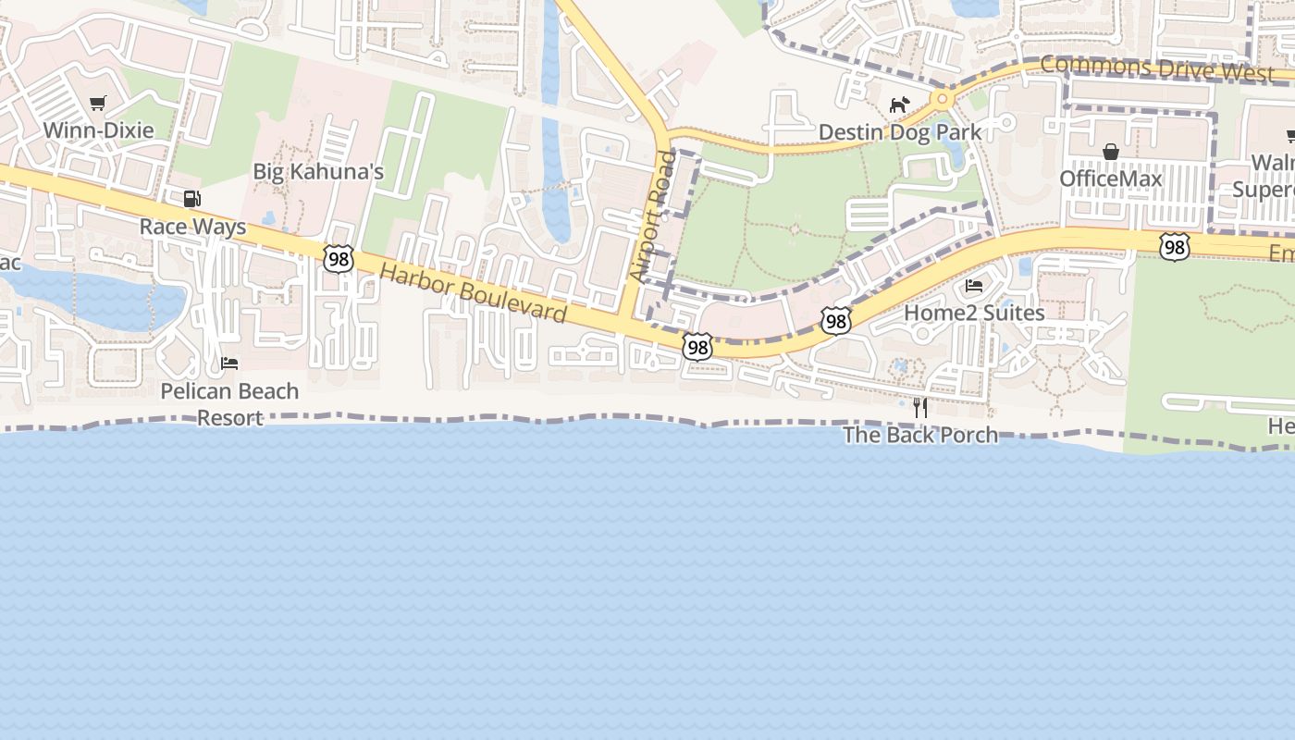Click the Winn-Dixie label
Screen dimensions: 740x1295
point(98,129)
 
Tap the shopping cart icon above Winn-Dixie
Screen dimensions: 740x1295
point(97,103)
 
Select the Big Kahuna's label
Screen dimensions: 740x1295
point(318,171)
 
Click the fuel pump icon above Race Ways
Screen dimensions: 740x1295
point(192,198)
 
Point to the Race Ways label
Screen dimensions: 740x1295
point(192,227)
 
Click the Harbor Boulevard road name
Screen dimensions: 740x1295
point(473,293)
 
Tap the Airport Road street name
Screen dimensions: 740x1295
point(653,217)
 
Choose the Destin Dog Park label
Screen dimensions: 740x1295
point(899,132)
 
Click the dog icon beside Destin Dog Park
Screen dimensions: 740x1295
point(899,105)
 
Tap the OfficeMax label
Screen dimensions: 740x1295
point(1110,178)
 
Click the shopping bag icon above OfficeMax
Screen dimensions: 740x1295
point(1110,152)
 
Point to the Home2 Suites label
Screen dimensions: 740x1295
point(974,313)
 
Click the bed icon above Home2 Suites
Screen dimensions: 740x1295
point(974,286)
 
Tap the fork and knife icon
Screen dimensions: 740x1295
point(920,407)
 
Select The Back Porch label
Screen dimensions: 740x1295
point(920,435)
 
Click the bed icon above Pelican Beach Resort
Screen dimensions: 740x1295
point(229,364)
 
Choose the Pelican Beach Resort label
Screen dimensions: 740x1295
point(229,404)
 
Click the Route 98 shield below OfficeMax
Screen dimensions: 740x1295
point(1175,246)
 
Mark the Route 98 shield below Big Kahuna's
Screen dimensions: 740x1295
point(339,259)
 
